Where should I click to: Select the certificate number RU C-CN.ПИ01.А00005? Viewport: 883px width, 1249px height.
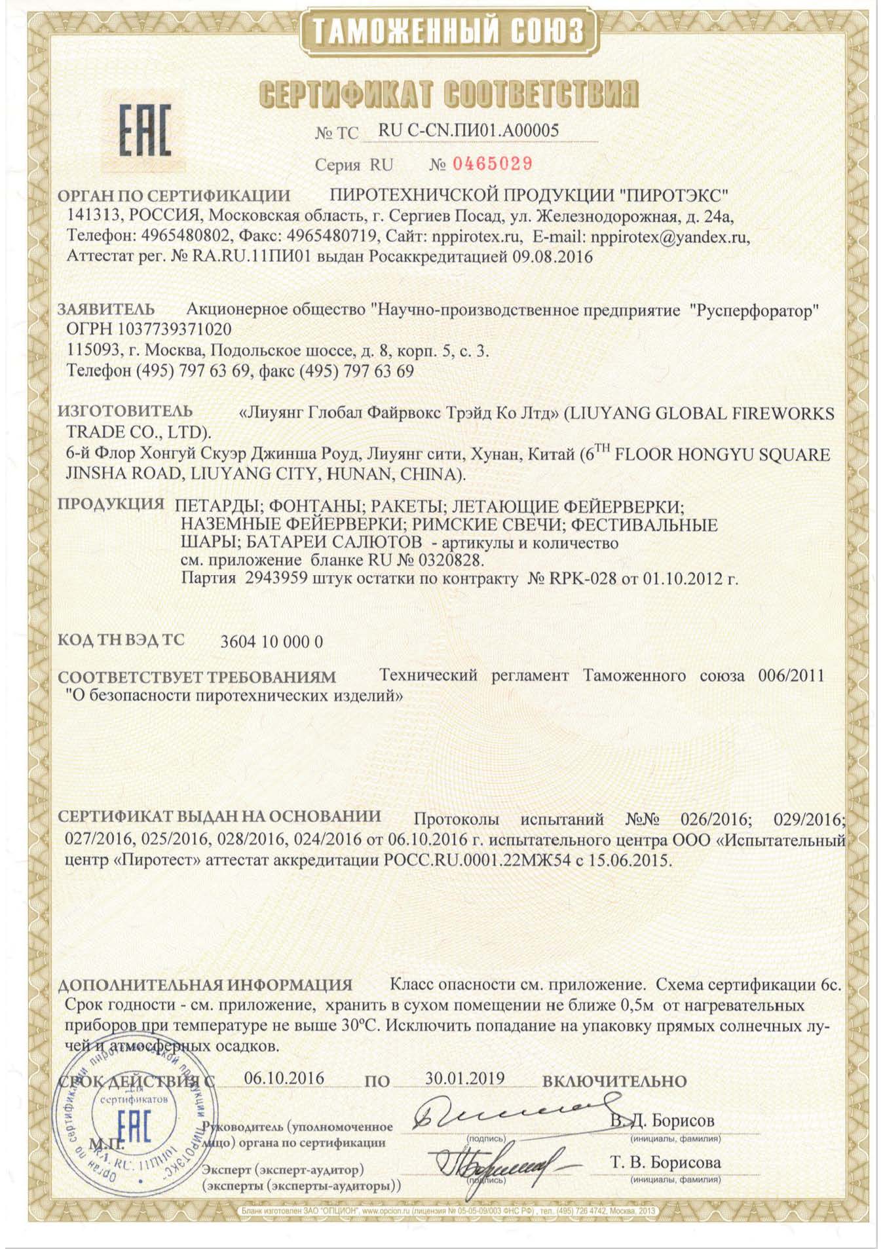click(x=469, y=130)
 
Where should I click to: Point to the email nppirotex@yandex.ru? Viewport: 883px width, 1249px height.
click(x=670, y=237)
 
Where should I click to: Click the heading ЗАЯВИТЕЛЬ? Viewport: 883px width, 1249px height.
click(x=107, y=309)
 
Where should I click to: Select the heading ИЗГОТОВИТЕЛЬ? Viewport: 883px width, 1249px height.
click(x=125, y=411)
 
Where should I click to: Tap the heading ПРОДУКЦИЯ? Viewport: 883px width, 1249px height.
click(x=111, y=504)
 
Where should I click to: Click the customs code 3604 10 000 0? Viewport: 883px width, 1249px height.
click(x=272, y=641)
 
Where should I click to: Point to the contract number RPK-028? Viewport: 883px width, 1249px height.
click(x=586, y=579)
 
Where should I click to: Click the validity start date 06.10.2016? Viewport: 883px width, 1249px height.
click(x=284, y=1078)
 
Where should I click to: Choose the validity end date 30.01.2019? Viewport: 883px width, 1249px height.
click(x=464, y=1078)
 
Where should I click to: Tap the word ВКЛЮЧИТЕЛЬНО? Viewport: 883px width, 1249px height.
click(x=614, y=1081)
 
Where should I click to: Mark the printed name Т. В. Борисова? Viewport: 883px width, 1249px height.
click(x=666, y=1162)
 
